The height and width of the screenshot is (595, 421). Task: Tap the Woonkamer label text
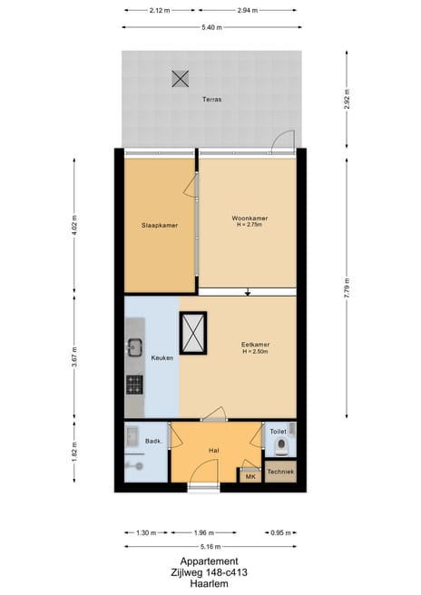coord(249,219)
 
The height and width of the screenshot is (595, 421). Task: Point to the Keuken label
coord(162,357)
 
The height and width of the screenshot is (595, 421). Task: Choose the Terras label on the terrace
coord(211,99)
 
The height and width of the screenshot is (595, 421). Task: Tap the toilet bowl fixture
coord(282,446)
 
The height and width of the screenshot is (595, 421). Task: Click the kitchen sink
coord(134,346)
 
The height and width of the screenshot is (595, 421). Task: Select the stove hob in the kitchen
coord(134,385)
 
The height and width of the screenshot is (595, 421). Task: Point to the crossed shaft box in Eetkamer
coord(194,332)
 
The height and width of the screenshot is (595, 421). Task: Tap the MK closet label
coord(250,474)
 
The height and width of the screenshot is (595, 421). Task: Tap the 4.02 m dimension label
coord(74,223)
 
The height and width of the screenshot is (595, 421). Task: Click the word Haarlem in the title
coord(210,584)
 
